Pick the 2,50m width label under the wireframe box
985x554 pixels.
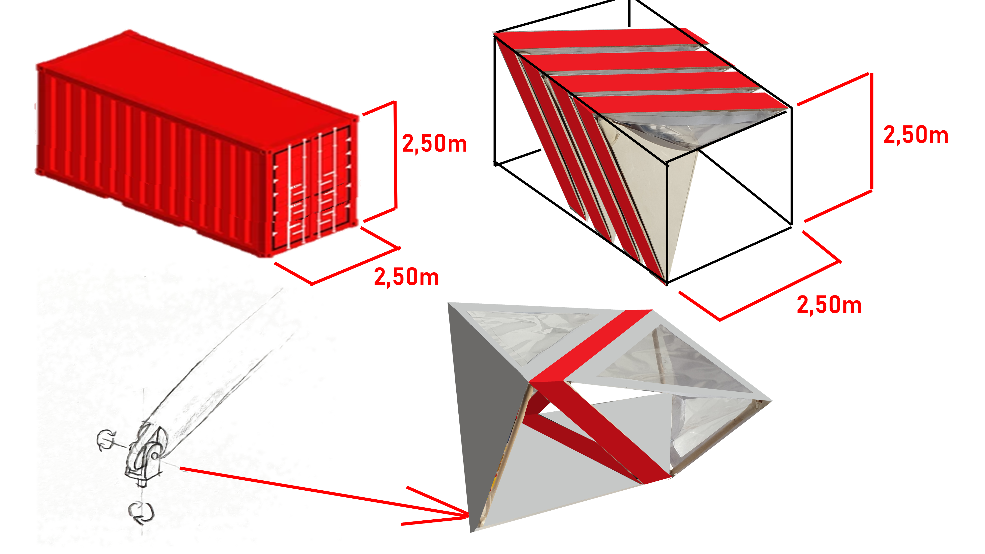829,305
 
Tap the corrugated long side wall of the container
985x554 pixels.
153,161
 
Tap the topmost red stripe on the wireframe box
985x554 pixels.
600,38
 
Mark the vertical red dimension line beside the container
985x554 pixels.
395,155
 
